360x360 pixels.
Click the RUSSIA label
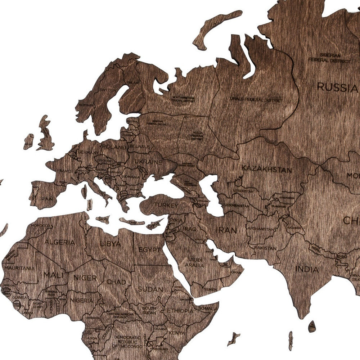pos(337,87)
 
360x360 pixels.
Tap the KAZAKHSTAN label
pos(266,169)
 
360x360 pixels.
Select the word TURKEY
pos(166,206)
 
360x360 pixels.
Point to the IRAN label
pos(226,230)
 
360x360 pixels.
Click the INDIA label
pos(307,269)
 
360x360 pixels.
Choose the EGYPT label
pos(149,249)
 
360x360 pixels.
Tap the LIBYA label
pos(110,244)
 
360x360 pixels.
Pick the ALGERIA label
pos(60,242)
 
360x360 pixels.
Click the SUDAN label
pos(150,289)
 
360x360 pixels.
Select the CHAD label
pos(116,282)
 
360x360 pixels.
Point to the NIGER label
pos(85,278)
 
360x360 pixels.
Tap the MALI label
pos(51,275)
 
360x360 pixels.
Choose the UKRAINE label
pos(148,162)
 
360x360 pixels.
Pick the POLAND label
pos(114,147)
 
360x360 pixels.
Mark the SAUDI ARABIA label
pos(195,262)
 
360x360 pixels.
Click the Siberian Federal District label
pos(329,58)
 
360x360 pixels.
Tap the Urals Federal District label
pos(256,99)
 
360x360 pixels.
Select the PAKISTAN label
pos(265,248)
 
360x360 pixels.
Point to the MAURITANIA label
pos(20,268)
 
